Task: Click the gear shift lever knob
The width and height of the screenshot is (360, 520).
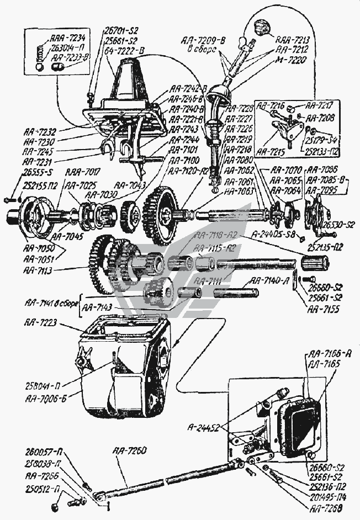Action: pos(260,26)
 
